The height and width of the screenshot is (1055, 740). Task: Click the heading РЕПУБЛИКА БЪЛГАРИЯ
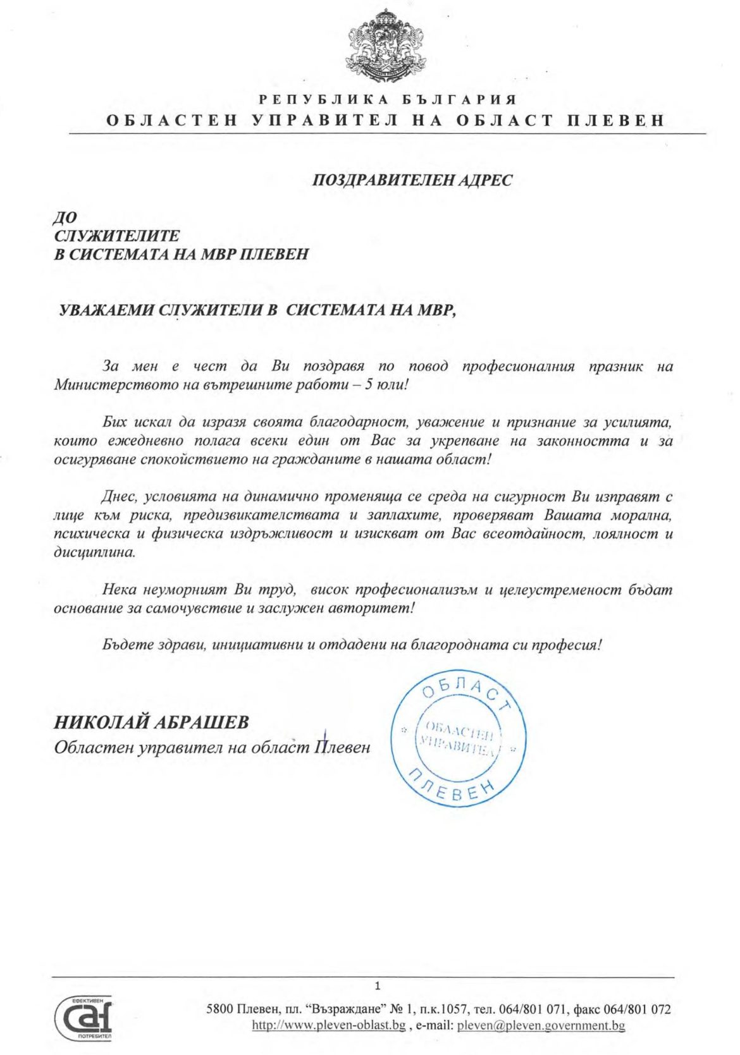(x=388, y=99)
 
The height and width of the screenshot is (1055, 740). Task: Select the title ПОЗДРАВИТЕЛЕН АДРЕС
(x=412, y=180)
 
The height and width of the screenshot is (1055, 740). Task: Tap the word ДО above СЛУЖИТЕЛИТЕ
(x=65, y=218)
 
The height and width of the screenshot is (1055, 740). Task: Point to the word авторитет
(x=378, y=609)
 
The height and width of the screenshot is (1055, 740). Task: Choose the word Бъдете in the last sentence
(x=123, y=645)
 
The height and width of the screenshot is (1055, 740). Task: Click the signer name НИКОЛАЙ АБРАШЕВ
(x=152, y=722)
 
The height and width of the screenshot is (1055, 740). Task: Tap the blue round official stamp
(x=458, y=740)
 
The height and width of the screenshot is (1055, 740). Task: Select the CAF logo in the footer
(x=83, y=1018)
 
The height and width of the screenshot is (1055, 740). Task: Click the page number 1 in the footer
(x=378, y=986)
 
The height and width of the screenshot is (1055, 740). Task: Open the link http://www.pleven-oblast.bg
(x=328, y=1025)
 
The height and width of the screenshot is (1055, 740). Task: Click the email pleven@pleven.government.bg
(x=541, y=1025)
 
